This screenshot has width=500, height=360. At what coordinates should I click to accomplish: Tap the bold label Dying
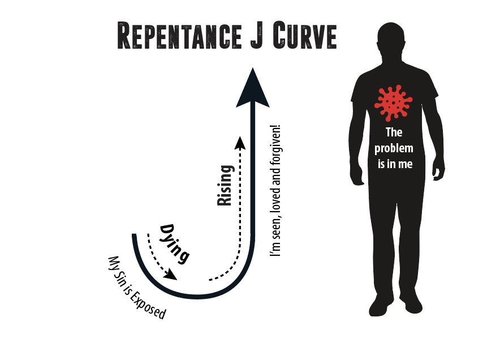174,243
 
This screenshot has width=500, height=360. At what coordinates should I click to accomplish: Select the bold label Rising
226,185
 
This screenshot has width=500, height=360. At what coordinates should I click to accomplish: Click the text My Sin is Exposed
137,288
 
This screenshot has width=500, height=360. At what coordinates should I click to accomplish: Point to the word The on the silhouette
394,132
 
